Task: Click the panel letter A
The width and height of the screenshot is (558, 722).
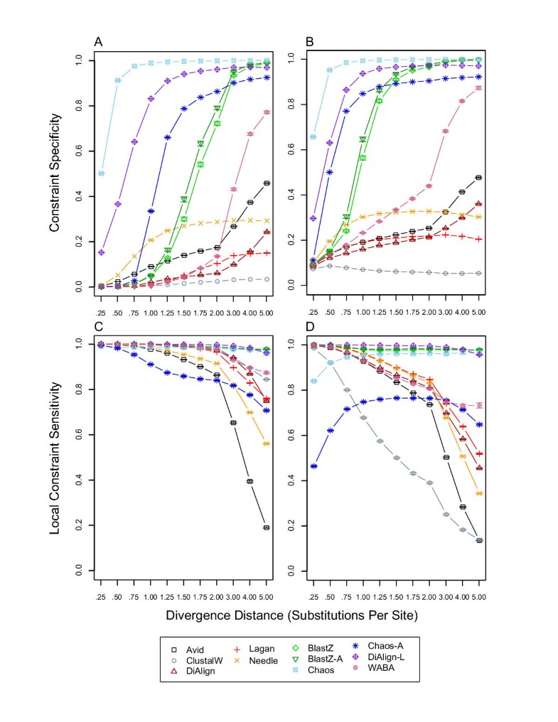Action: (98, 42)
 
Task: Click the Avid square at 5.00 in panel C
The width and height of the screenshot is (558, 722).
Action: (267, 527)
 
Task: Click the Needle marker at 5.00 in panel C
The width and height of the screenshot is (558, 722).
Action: (267, 443)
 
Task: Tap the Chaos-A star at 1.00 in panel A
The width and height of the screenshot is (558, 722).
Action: (151, 211)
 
